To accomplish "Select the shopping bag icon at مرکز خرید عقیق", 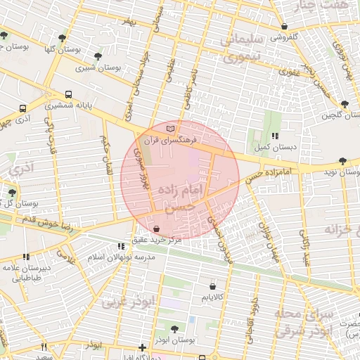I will click(156, 229).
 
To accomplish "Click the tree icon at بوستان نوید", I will click(342, 161).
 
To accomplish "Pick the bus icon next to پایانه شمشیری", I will click(68, 94).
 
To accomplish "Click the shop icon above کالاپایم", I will click(213, 287).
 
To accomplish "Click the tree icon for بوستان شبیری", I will click(97, 56).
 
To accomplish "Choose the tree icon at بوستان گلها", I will click(63, 38).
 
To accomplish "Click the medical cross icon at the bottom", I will click(143, 347).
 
